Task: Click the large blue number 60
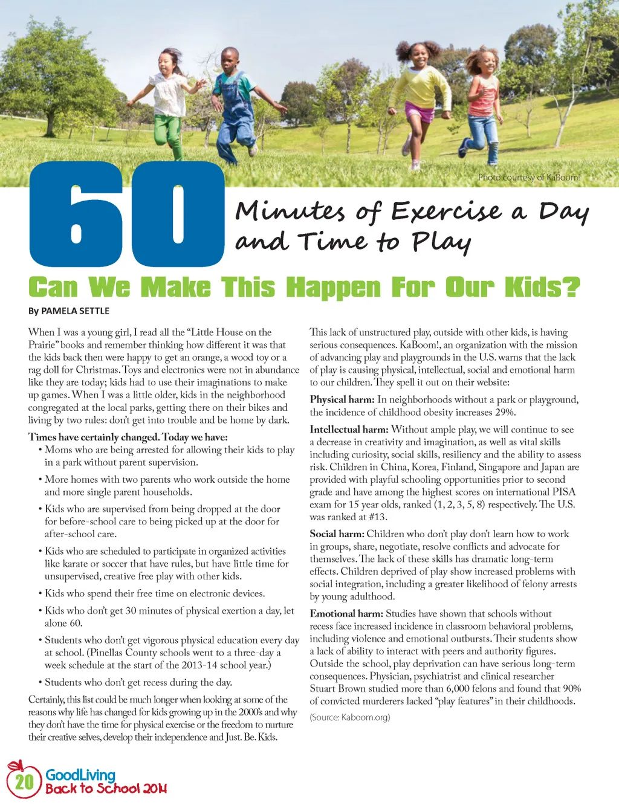127,215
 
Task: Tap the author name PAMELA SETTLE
75,311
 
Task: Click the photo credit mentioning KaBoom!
528,178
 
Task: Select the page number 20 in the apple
24,782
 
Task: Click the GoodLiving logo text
80,775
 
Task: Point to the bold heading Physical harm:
342,400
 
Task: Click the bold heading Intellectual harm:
349,430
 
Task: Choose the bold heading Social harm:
337,534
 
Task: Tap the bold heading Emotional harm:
346,614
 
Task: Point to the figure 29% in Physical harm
505,413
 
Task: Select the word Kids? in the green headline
542,288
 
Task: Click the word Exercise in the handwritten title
446,211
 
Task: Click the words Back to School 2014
106,789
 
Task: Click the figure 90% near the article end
571,689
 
